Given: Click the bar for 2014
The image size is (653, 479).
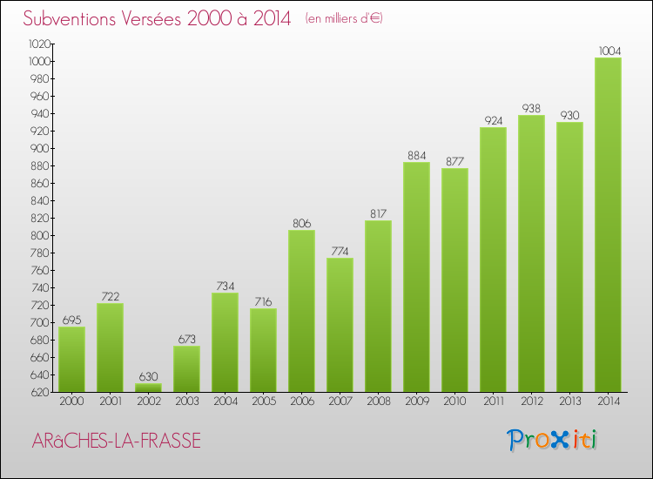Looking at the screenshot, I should click(x=608, y=225).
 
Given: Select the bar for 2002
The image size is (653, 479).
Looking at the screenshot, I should click(x=148, y=388).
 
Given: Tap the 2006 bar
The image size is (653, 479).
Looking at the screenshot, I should click(x=301, y=311).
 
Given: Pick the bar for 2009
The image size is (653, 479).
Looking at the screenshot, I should click(x=416, y=277).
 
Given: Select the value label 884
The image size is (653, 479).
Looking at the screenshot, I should click(x=416, y=155).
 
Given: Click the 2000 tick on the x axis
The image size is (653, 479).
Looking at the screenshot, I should click(x=71, y=401).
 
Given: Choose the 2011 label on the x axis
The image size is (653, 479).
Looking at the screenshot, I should click(x=493, y=401).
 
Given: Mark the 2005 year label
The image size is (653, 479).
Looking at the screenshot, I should click(x=263, y=401).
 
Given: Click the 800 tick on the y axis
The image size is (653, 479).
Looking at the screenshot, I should click(x=41, y=235).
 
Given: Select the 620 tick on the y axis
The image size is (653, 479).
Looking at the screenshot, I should click(x=41, y=392).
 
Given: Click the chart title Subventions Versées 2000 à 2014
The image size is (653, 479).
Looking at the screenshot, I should click(x=157, y=19).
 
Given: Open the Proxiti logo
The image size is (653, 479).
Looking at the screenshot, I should click(x=554, y=440).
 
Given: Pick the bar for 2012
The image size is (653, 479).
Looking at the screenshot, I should click(x=531, y=253).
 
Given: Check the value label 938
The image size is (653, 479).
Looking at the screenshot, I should click(x=531, y=108).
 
